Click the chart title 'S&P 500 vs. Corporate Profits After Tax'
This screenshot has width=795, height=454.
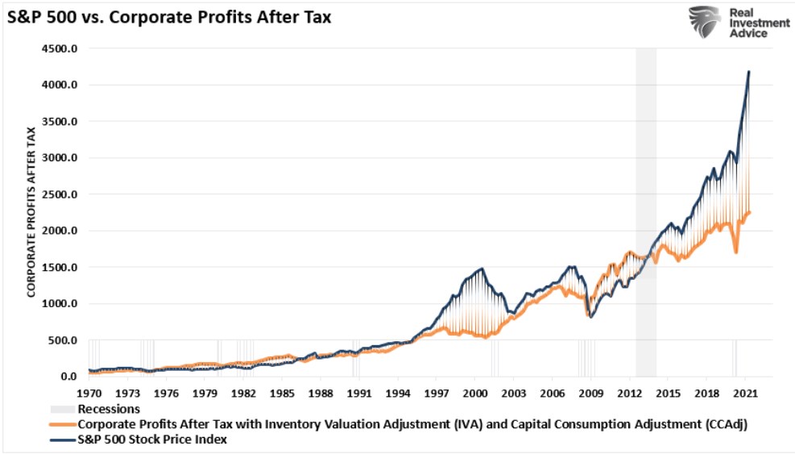(x=169, y=15)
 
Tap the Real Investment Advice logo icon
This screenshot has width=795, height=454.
(x=704, y=22)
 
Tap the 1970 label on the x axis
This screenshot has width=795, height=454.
(x=89, y=394)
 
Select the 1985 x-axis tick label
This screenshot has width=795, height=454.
(x=282, y=394)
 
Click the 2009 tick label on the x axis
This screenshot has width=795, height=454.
(x=591, y=394)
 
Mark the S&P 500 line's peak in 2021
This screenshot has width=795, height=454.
(x=749, y=72)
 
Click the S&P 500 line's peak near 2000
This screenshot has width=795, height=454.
(x=482, y=269)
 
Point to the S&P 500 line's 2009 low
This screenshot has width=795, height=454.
(x=591, y=317)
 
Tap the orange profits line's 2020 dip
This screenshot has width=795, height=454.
(x=735, y=252)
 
